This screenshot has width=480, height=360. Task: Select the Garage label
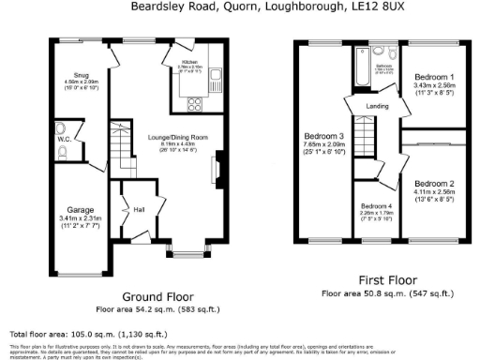[79, 210]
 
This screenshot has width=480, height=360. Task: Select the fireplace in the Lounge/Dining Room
[218, 173]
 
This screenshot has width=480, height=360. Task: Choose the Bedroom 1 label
[434, 77]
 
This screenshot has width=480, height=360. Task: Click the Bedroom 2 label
[434, 183]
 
